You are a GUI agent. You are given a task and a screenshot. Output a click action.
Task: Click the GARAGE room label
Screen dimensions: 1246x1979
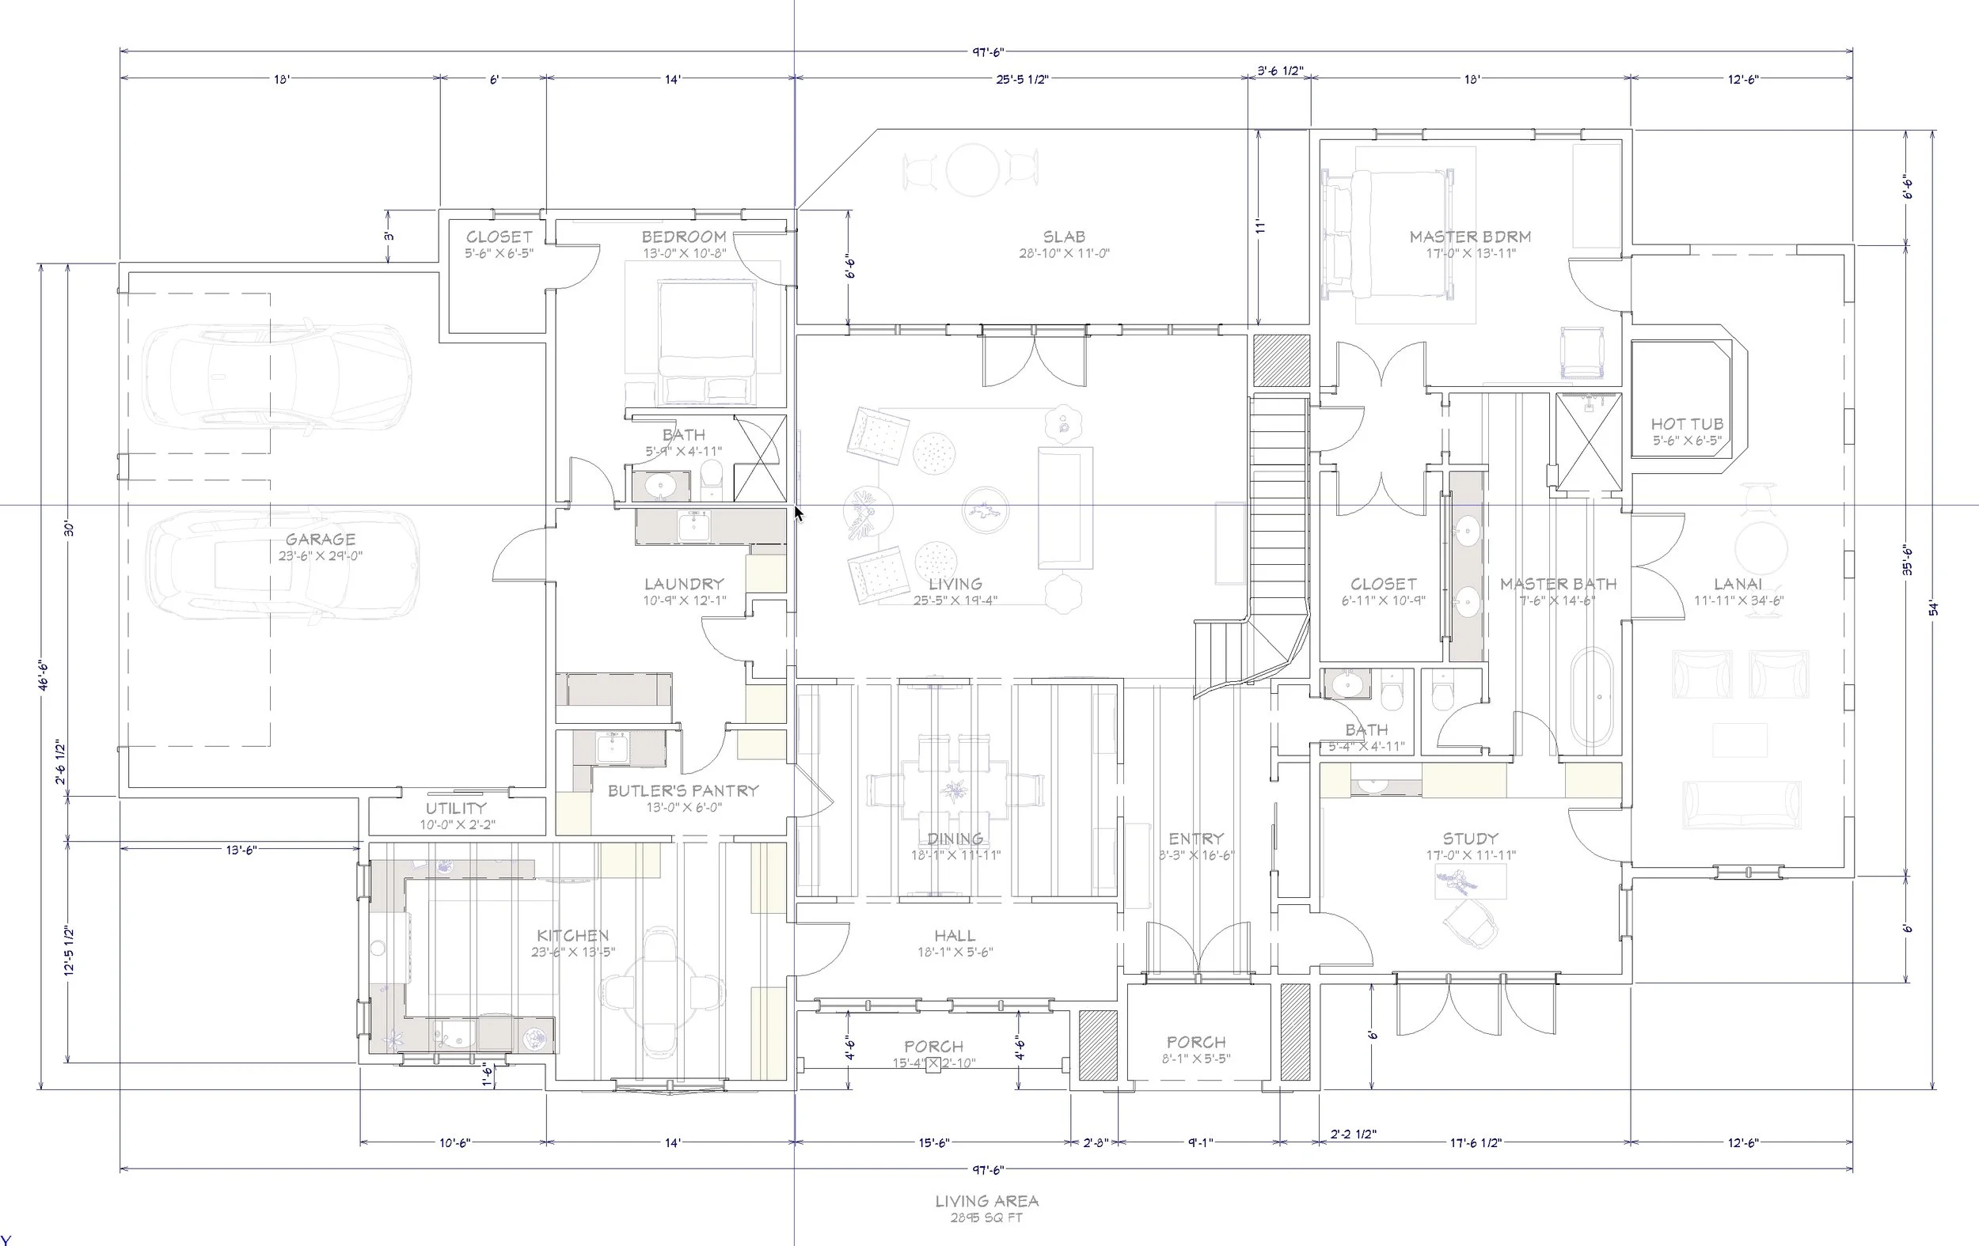pos(321,540)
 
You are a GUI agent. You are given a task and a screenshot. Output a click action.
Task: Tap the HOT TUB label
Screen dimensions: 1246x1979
pos(1686,425)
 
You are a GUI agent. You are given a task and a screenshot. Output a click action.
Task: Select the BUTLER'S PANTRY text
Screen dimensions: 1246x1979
pos(683,791)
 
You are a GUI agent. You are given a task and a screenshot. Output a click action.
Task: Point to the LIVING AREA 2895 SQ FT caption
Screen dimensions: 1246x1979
pos(986,1207)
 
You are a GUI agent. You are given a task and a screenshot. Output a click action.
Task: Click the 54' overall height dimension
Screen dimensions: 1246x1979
pos(1932,608)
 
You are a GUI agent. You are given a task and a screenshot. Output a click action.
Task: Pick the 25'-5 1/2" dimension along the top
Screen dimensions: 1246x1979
pos(1021,80)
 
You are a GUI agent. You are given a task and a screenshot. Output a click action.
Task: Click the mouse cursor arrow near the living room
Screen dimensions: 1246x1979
pos(798,513)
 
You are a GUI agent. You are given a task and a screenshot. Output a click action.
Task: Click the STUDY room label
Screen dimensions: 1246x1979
pos(1470,839)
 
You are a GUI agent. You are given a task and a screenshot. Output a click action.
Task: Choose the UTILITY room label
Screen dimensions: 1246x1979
pos(456,809)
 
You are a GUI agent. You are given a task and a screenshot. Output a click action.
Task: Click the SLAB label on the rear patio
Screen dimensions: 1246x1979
pos(1063,237)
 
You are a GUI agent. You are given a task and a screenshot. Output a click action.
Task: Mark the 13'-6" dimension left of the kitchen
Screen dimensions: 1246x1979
pos(241,850)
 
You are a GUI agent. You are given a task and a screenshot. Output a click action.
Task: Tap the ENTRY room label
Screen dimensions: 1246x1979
pos(1196,839)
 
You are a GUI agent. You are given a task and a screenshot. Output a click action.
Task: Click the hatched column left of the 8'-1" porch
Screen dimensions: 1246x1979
pos(1097,1044)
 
